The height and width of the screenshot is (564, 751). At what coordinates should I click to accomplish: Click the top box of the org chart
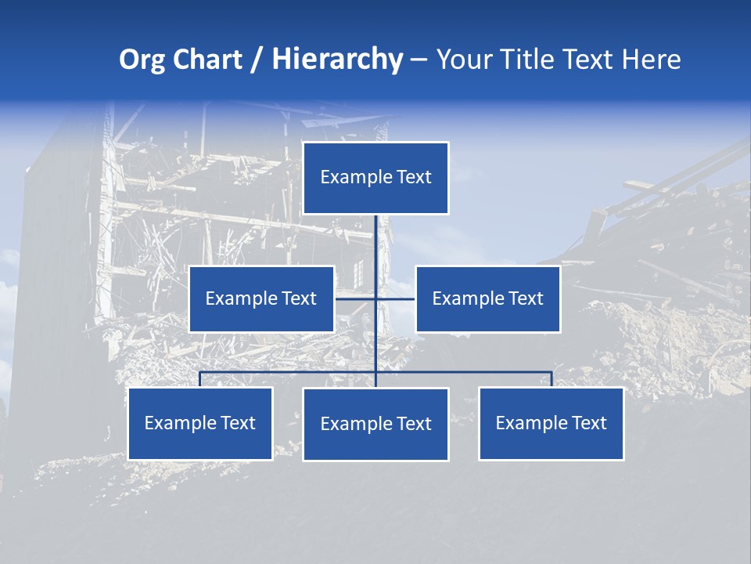tap(375, 178)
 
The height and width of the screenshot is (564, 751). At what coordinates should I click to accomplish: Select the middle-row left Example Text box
tap(261, 298)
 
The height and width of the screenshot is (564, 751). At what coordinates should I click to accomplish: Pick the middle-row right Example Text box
tap(488, 298)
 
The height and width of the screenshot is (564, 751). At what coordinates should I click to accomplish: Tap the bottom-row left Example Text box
tap(200, 423)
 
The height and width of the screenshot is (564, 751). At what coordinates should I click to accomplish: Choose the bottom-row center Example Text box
tap(375, 424)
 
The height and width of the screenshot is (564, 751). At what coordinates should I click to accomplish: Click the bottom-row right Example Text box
tap(552, 423)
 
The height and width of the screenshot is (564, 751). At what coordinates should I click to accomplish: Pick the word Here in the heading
tap(651, 60)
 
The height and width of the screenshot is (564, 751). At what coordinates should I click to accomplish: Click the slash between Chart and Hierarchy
tap(257, 60)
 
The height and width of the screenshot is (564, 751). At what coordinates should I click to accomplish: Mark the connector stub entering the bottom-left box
tap(200, 379)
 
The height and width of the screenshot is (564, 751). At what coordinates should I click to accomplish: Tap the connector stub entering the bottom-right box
tap(552, 379)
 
